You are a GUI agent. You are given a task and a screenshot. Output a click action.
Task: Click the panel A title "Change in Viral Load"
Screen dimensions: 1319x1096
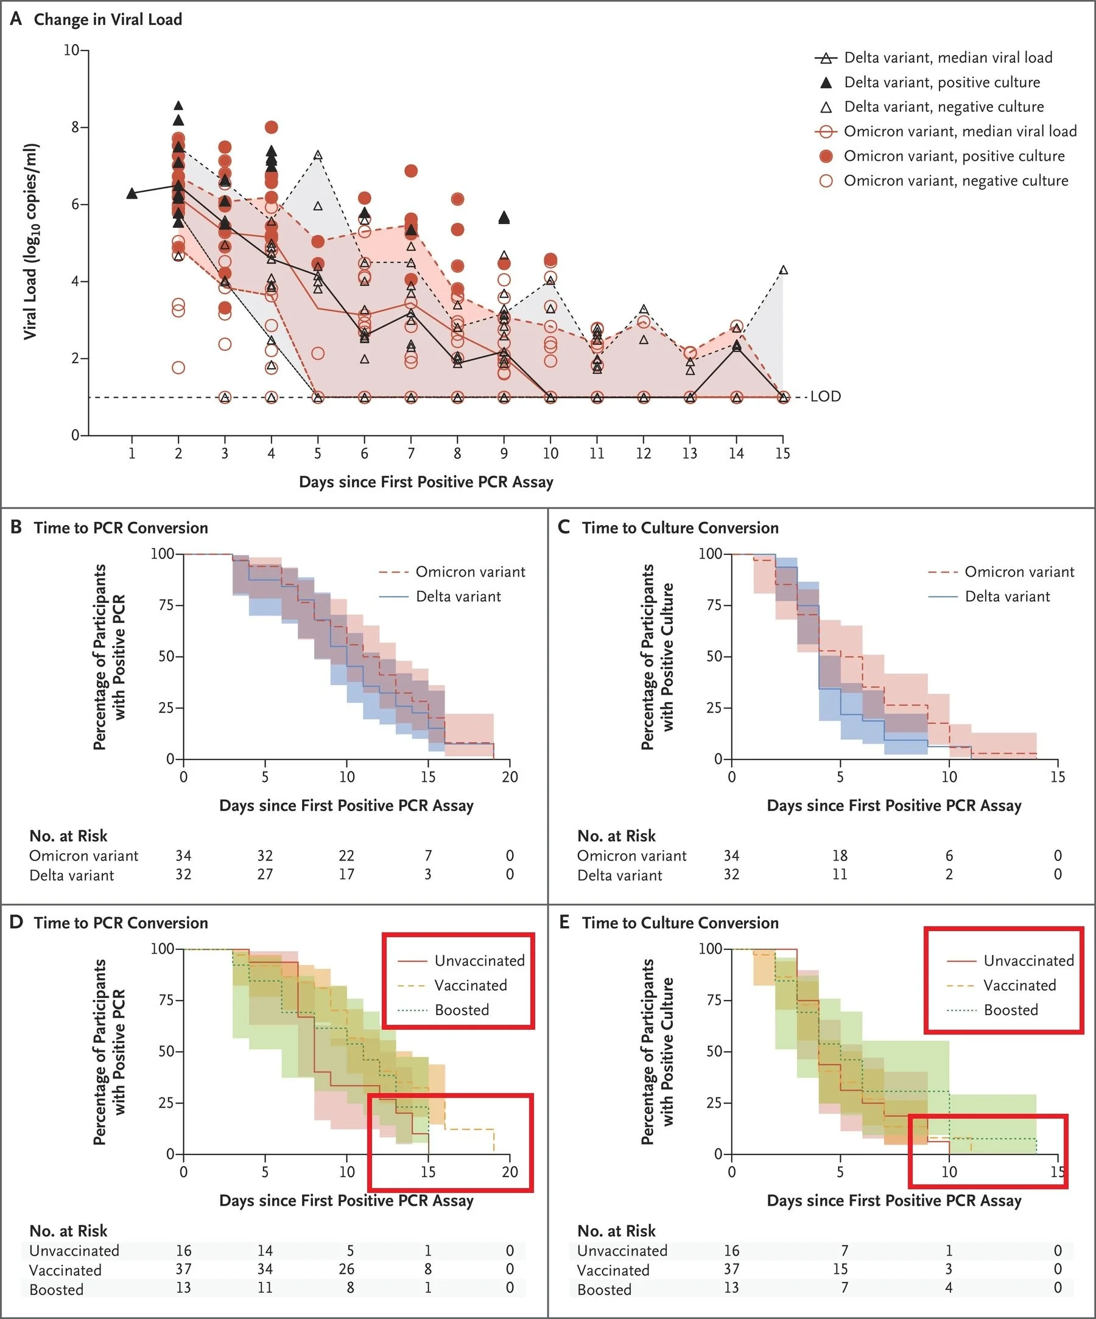point(107,19)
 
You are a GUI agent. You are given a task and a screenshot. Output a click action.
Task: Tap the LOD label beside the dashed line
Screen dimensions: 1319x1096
point(825,396)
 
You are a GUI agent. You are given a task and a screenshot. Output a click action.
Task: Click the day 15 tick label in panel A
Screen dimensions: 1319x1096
point(782,454)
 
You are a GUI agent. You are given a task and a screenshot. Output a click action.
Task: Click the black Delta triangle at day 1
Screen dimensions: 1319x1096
point(132,194)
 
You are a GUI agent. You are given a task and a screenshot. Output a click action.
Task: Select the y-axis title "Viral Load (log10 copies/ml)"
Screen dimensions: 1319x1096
point(30,242)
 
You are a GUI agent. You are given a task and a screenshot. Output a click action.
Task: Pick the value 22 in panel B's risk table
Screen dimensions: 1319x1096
point(346,856)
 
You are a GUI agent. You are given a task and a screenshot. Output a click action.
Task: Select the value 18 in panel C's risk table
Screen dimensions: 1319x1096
point(840,856)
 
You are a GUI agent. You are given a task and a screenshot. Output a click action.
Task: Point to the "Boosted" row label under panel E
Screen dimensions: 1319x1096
point(603,1290)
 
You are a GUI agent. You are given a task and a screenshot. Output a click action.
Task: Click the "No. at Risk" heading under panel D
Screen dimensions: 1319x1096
point(68,1231)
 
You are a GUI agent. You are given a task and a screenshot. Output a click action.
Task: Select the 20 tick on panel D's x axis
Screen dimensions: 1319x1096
point(510,1172)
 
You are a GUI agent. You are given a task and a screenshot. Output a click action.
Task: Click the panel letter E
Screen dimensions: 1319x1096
point(564,922)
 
